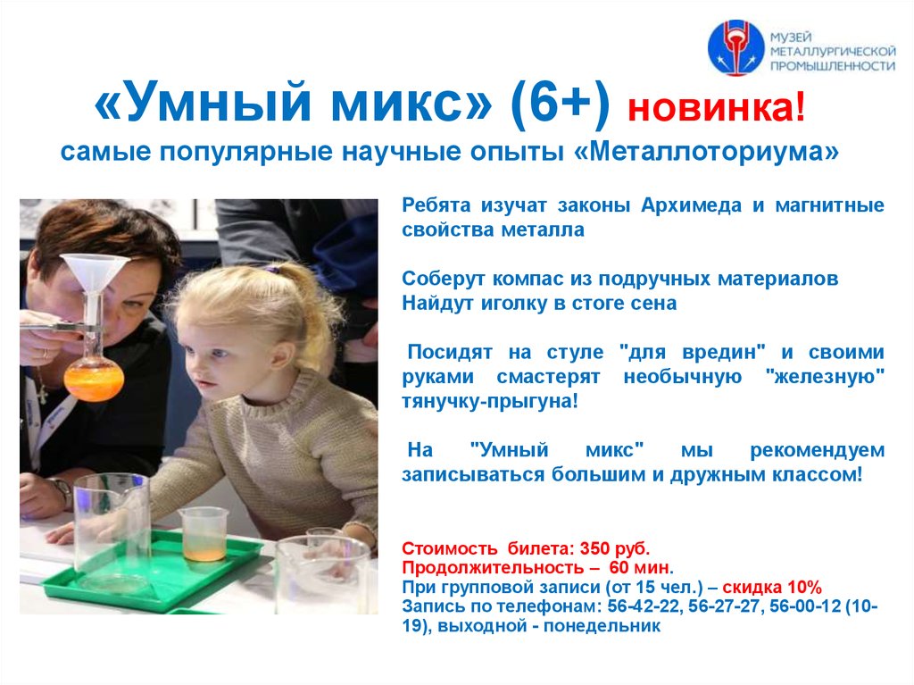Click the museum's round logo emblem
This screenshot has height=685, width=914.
tap(735, 47)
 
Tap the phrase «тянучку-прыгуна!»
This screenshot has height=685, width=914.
tap(489, 402)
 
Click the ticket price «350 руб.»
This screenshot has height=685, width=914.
tap(615, 548)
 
